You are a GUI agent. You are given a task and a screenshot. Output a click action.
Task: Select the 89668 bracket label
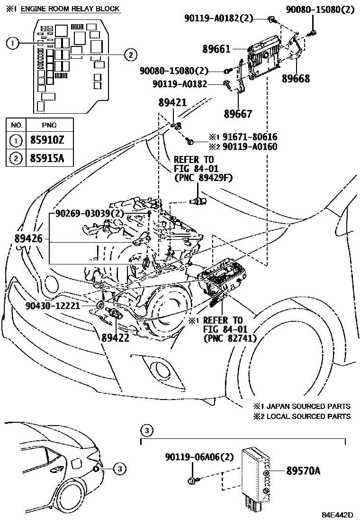tap(297, 79)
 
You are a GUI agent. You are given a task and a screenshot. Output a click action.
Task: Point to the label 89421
tap(172, 104)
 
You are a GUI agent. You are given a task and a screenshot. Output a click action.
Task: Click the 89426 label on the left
tap(29, 239)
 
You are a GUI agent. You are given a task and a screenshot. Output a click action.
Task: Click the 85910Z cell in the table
tap(49, 141)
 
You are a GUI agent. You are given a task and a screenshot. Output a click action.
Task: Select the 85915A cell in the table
tap(49, 158)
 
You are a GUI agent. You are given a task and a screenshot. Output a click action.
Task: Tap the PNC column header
tap(49, 125)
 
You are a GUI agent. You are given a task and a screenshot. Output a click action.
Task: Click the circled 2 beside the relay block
tap(130, 55)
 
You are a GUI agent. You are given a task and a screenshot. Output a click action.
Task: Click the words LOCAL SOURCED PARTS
tap(308, 416)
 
